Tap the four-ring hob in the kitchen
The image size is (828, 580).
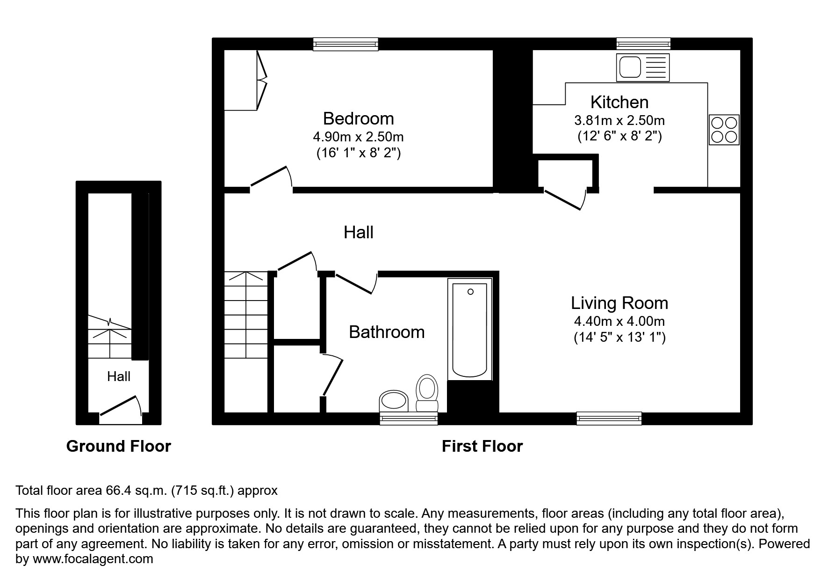tap(724, 130)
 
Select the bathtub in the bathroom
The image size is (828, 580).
tap(470, 329)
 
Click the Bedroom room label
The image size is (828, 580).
tap(358, 118)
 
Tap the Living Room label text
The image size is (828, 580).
tap(619, 303)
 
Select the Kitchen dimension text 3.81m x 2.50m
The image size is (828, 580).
tap(619, 120)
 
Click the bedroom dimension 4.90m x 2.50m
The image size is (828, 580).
tap(358, 137)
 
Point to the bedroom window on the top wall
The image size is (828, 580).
tap(346, 44)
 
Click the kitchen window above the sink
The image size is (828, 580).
tap(643, 44)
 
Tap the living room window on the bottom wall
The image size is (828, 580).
tap(609, 418)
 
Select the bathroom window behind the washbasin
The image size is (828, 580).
tap(409, 418)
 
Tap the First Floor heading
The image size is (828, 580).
tap(482, 446)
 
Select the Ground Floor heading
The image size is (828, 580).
tap(118, 446)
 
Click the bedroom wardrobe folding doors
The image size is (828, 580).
tap(261, 81)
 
